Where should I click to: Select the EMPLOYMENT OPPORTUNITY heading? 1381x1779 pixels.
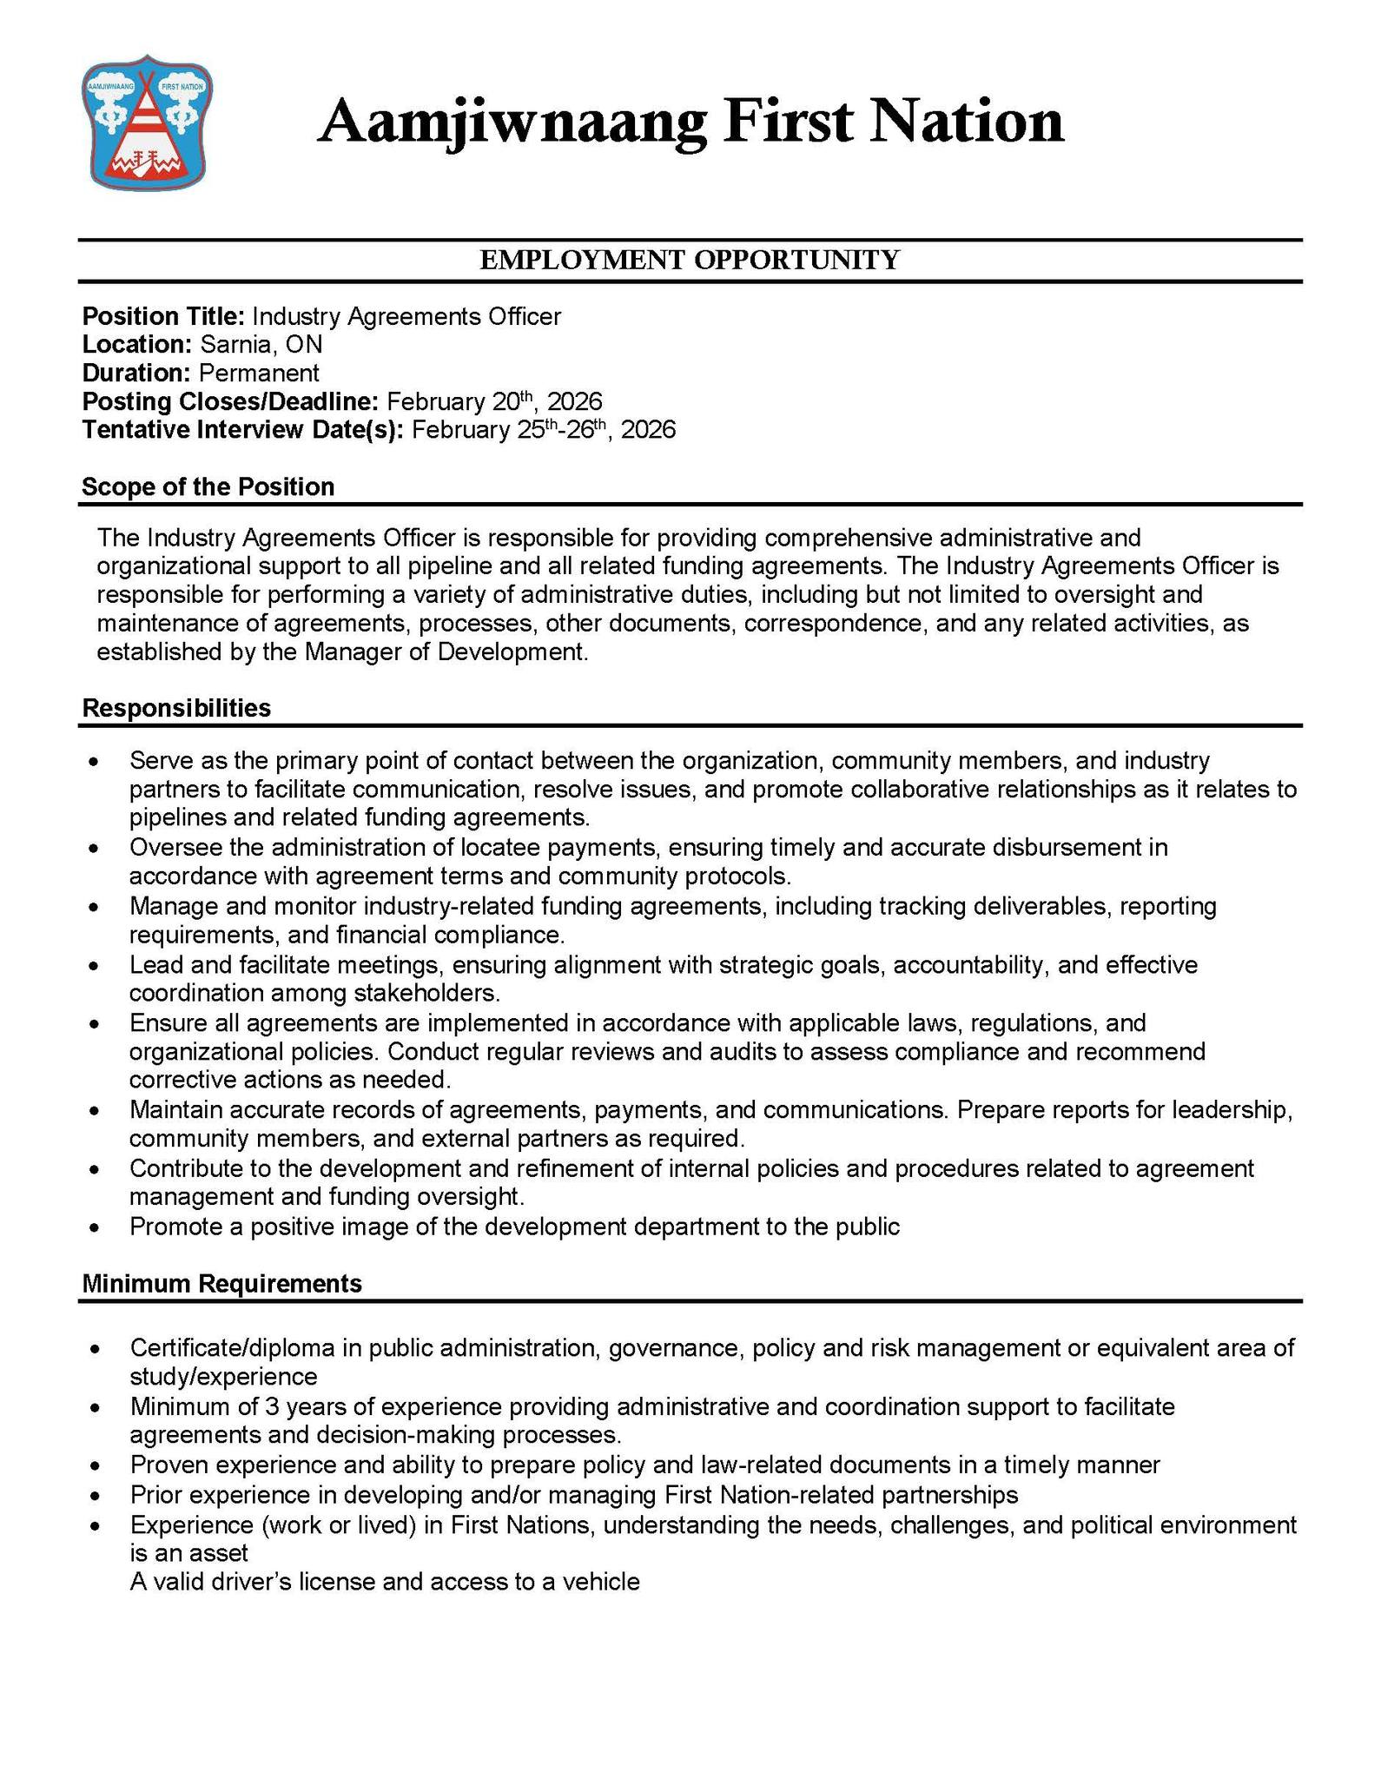pyautogui.click(x=690, y=260)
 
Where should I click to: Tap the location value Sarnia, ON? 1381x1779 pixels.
pyautogui.click(x=261, y=345)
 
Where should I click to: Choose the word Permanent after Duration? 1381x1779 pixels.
pyautogui.click(x=259, y=374)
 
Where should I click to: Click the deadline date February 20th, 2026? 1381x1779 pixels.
pyautogui.click(x=494, y=401)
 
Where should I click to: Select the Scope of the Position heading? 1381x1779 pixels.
pyautogui.click(x=208, y=486)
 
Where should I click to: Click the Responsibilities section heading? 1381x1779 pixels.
pyautogui.click(x=176, y=708)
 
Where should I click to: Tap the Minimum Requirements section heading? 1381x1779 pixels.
pyautogui.click(x=221, y=1283)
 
